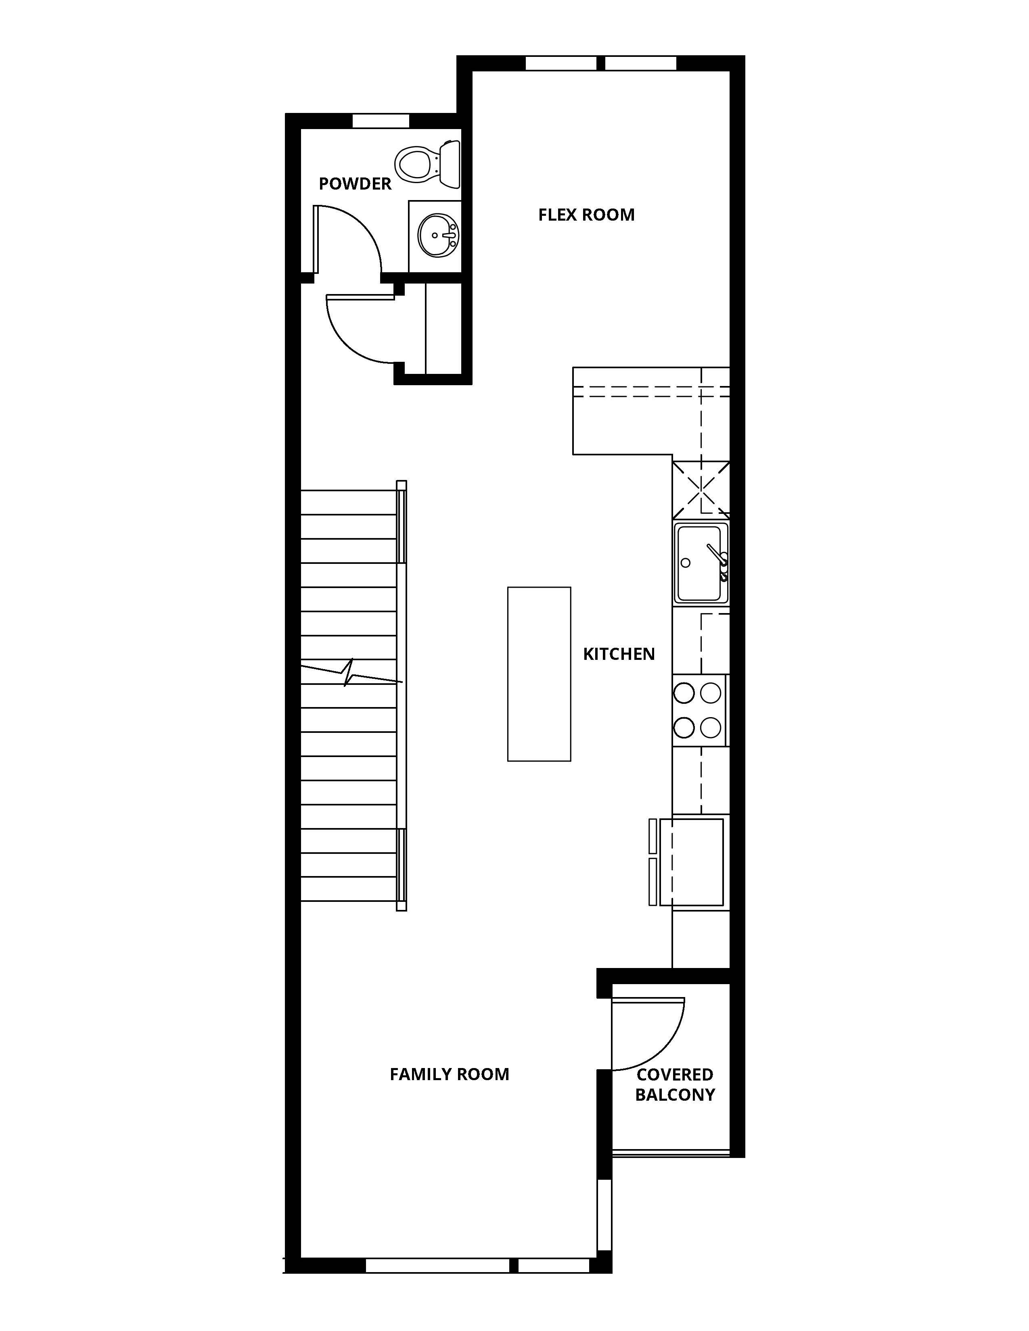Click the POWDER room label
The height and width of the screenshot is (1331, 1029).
pos(355,184)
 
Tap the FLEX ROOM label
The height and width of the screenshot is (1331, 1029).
pos(586,215)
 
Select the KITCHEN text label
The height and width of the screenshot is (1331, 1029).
pos(619,654)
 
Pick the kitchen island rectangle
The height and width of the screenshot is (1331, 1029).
pos(539,674)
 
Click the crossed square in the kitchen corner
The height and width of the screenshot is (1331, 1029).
pos(701,489)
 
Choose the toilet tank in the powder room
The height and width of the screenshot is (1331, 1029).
pos(450,164)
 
